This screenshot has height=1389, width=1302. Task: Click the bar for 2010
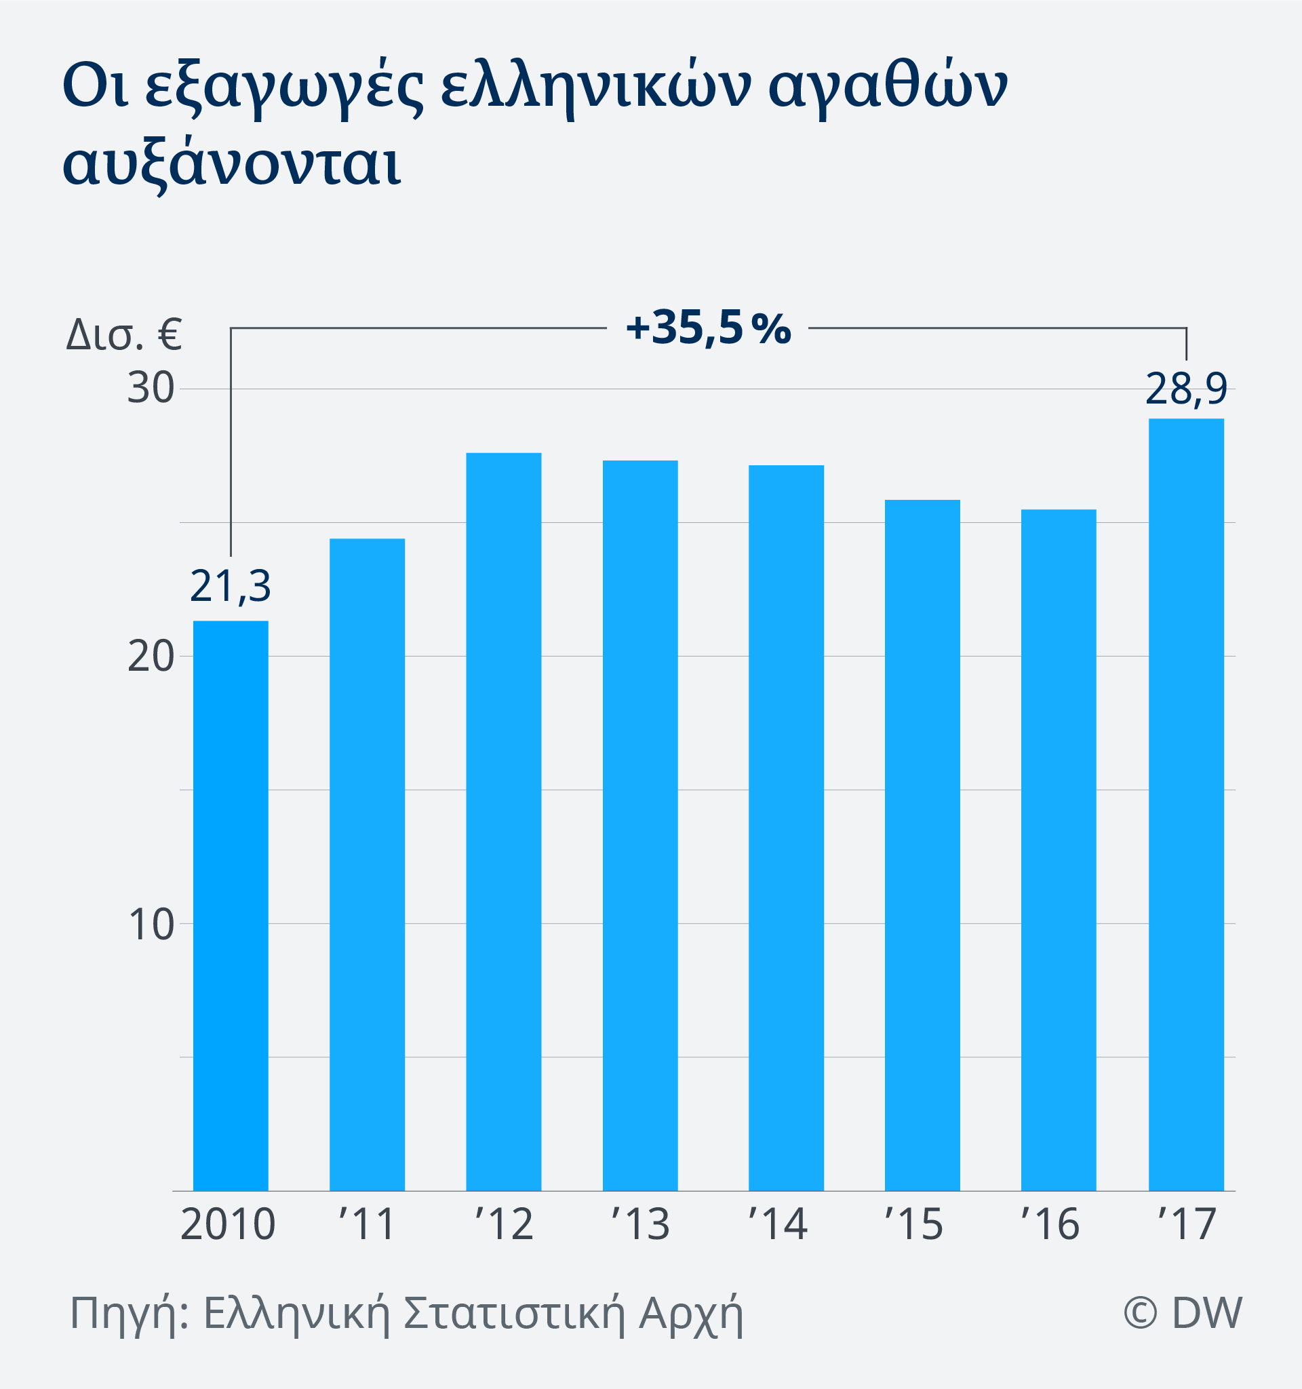point(231,905)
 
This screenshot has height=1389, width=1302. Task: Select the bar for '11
point(367,864)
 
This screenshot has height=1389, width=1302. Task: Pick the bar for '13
point(640,826)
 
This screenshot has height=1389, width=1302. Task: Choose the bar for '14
point(786,828)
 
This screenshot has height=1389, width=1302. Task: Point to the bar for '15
point(922,846)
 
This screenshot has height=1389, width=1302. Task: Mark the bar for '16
point(1059,850)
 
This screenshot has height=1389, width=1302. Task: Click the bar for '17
point(1186,805)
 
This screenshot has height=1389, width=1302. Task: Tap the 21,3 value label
point(231,587)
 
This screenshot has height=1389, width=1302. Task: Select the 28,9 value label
point(1186,389)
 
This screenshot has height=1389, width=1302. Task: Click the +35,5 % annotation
point(708,328)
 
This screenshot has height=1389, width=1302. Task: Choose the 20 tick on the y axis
point(150,656)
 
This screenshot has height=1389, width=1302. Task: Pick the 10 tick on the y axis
point(151,924)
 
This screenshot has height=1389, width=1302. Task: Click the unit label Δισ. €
point(123,334)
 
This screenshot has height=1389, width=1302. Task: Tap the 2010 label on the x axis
point(228,1224)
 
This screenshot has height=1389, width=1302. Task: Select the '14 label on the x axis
point(778,1224)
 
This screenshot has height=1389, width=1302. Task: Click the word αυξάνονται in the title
point(232,165)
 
